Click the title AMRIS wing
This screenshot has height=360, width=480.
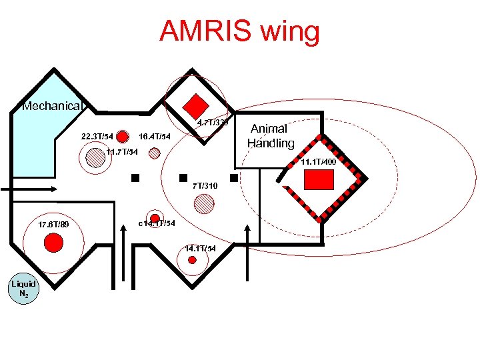(x=239, y=31)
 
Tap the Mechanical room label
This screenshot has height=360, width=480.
(x=51, y=106)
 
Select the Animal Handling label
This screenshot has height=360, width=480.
(x=270, y=136)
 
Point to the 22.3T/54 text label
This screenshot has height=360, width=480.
(x=97, y=137)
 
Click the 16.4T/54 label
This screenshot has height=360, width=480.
(x=155, y=137)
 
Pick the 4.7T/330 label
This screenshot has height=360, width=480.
(x=213, y=123)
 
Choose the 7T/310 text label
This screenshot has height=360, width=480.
(x=205, y=185)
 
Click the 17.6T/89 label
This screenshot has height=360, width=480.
(x=54, y=224)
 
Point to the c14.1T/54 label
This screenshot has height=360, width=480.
(x=157, y=223)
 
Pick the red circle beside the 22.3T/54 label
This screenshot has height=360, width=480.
(x=123, y=137)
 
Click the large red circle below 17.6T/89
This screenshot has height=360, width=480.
(x=53, y=243)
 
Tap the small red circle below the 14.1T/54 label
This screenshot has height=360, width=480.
(x=193, y=260)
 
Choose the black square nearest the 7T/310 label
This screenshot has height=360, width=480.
(x=181, y=179)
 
